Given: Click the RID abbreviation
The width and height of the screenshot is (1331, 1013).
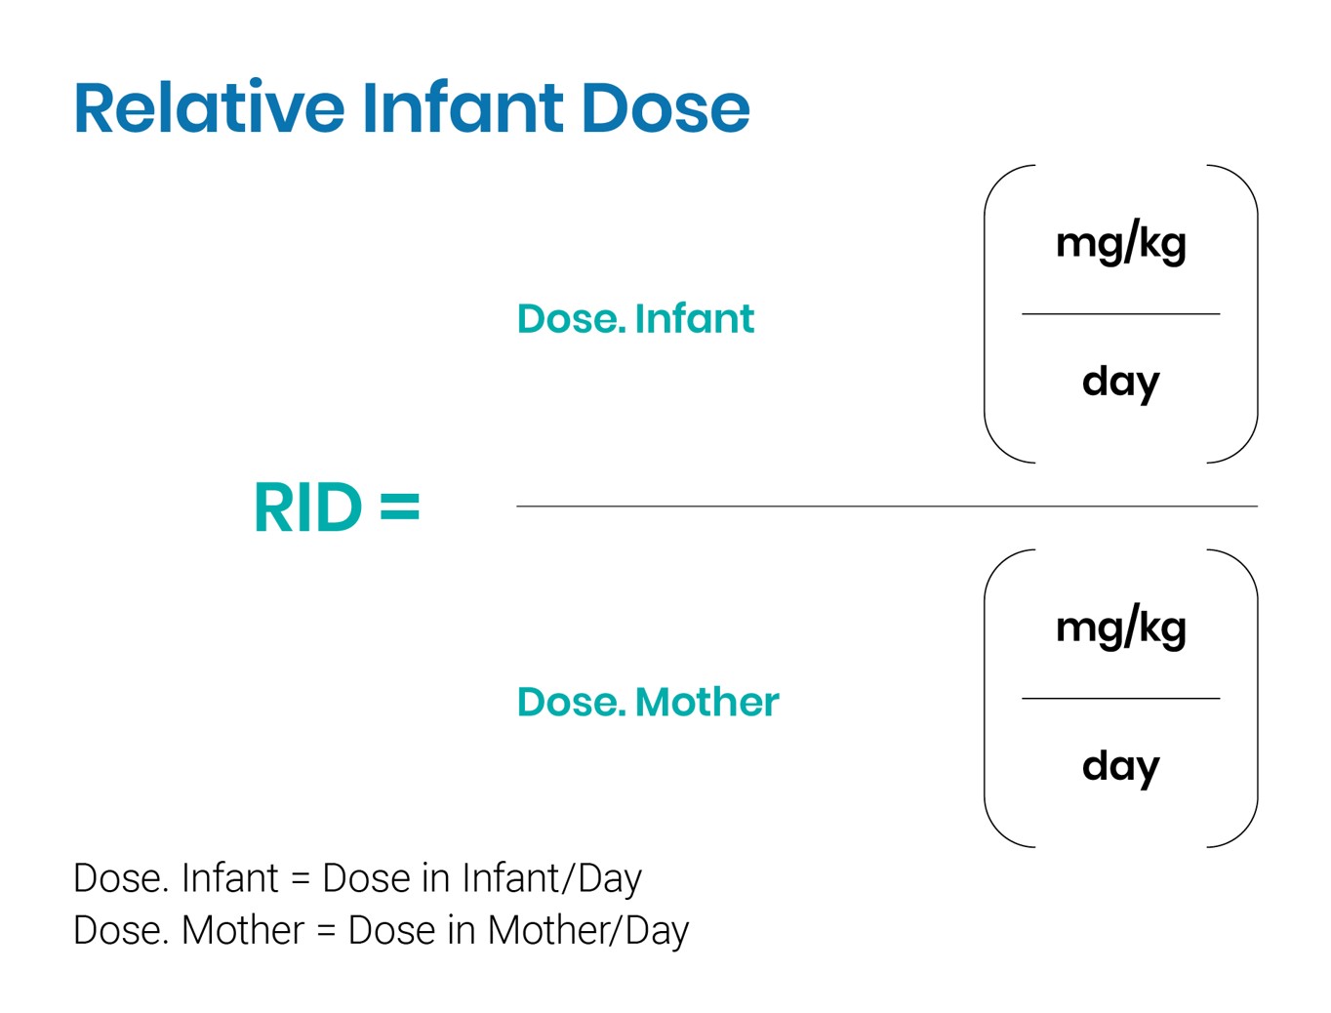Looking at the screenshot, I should (307, 508).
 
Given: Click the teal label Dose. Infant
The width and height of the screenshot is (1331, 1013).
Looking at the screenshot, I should (635, 319).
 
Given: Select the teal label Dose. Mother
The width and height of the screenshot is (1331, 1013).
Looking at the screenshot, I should (648, 703).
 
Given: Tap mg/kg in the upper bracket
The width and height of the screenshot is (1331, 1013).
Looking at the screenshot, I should (1120, 243).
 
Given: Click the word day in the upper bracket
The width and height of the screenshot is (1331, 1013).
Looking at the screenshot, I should (1120, 382).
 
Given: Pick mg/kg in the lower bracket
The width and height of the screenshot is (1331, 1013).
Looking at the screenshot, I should (1120, 628).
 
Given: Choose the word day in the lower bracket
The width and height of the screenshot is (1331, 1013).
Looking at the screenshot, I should (1120, 766).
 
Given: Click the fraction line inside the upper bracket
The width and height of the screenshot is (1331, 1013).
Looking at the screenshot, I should (1120, 314).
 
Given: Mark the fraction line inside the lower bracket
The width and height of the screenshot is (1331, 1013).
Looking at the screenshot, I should (1120, 699).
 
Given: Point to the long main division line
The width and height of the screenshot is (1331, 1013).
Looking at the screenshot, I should (886, 506).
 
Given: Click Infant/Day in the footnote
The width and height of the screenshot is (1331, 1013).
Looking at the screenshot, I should (551, 878).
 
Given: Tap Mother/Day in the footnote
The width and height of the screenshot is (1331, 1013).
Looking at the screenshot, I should (587, 930).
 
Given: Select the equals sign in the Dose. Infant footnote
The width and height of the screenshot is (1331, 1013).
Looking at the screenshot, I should (301, 879).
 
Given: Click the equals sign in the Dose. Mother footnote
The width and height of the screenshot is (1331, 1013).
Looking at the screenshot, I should (326, 931).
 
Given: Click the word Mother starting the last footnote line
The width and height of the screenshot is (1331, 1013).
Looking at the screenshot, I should (243, 930).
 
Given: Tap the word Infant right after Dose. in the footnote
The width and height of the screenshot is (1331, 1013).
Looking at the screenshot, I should (230, 878).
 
